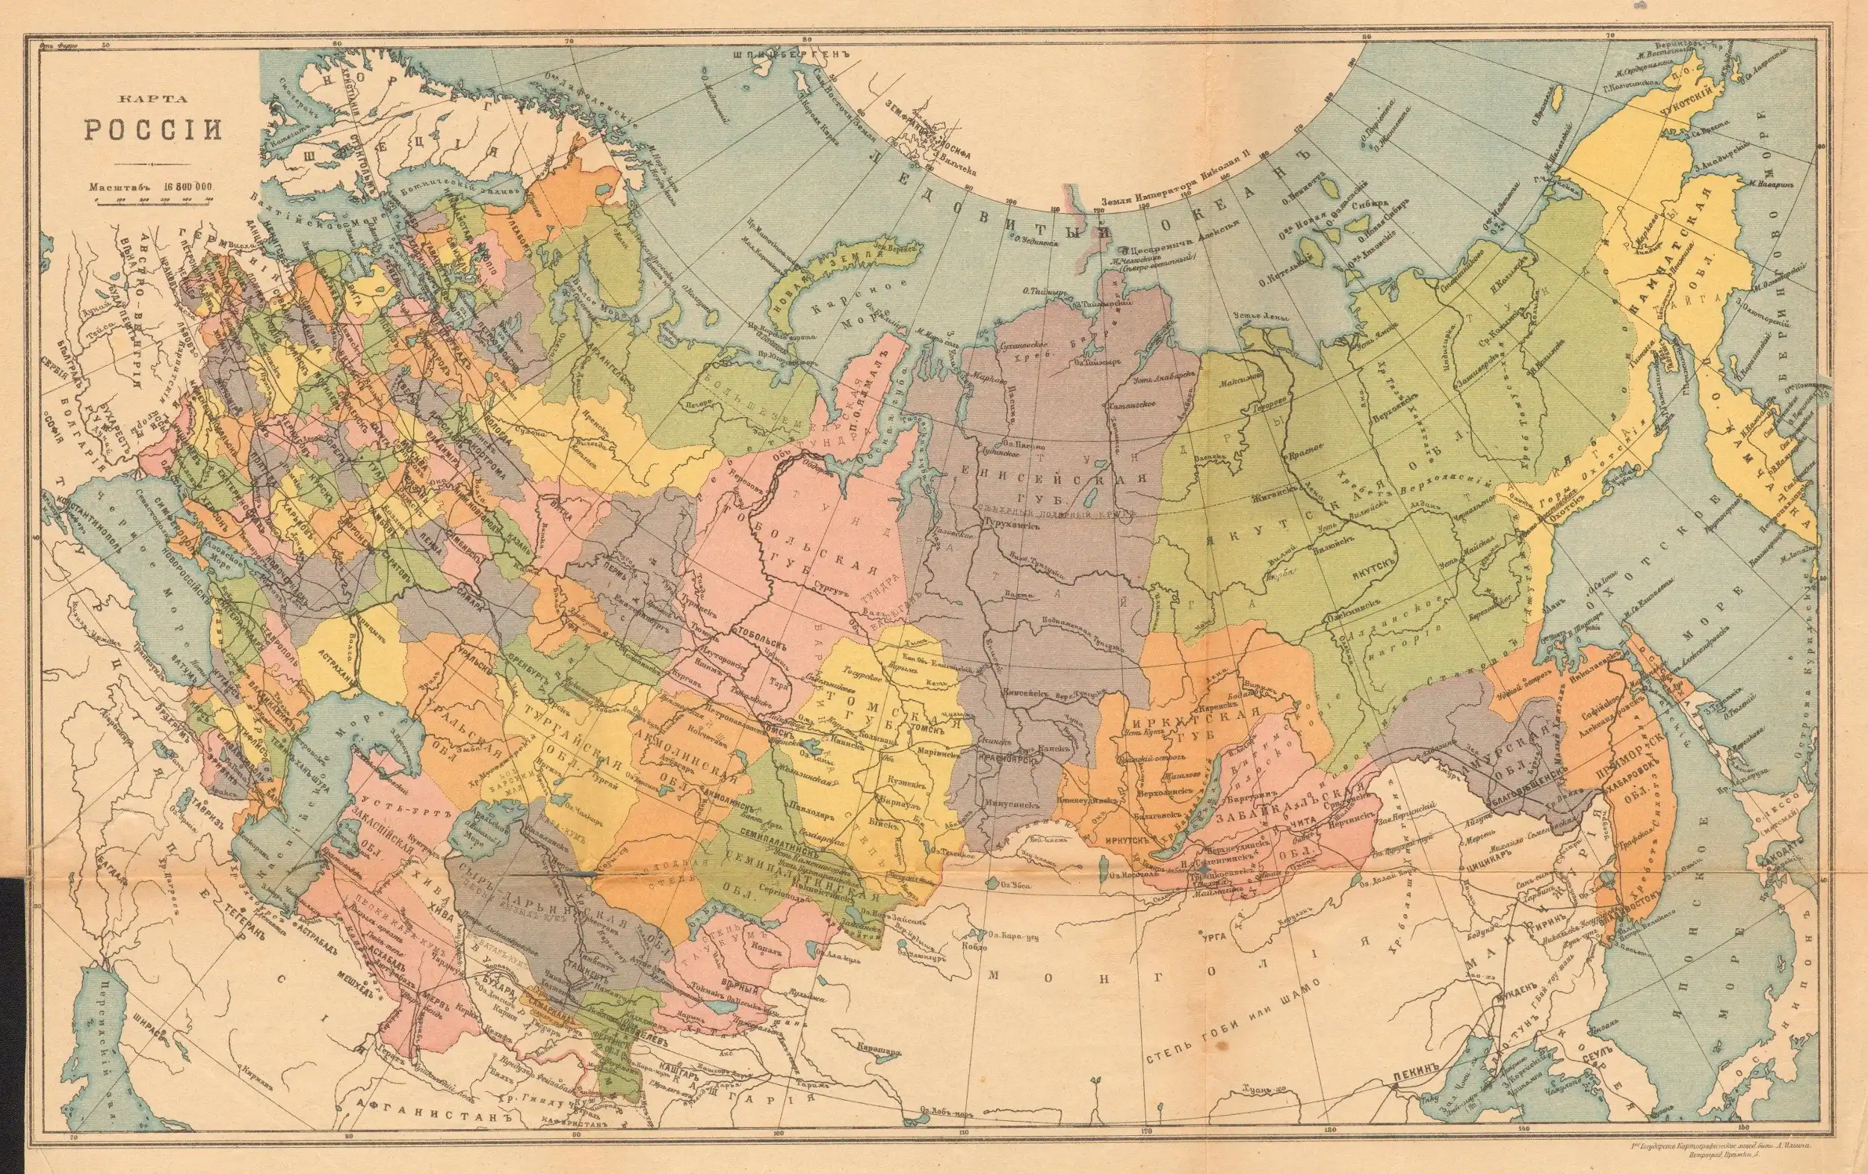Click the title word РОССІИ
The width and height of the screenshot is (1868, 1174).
(x=153, y=129)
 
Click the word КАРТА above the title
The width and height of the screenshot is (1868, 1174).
(x=153, y=99)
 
